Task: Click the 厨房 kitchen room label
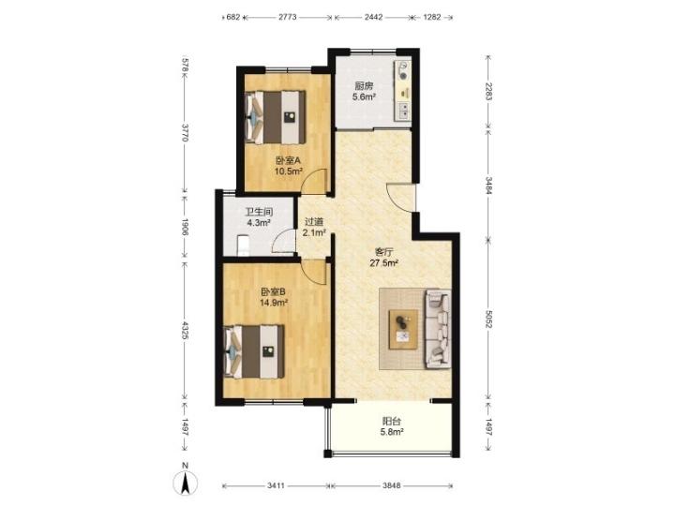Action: coord(364,85)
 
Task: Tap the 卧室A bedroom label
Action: coord(288,161)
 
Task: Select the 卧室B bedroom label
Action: coord(274,292)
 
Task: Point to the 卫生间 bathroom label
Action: coord(259,212)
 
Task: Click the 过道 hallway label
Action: coord(314,222)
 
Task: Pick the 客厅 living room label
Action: coord(383,252)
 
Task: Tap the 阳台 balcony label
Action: coord(392,422)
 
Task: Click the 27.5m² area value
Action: coord(383,263)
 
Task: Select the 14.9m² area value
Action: coord(274,303)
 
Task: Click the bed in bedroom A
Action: coord(275,117)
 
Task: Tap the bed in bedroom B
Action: coord(254,351)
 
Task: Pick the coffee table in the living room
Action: coord(403,329)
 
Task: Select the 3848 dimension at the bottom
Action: coord(392,485)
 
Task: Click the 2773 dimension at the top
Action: coord(288,18)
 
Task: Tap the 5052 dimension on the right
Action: coord(487,319)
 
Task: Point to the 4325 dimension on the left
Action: coord(185,331)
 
